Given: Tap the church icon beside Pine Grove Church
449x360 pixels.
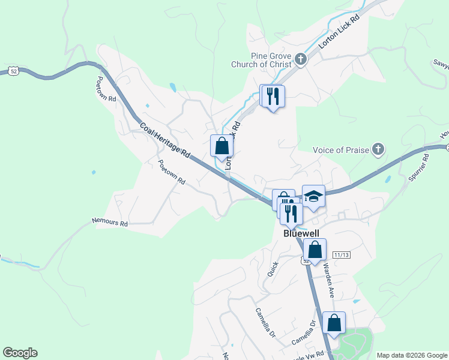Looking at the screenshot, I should [301, 59].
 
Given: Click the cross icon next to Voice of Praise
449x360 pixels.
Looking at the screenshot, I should [378, 149].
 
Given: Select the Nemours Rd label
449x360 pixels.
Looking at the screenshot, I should [110, 223].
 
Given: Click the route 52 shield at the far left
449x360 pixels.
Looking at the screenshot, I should [13, 71].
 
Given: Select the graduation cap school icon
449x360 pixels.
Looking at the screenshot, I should [313, 196].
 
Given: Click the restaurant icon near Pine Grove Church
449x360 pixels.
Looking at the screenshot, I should [274, 96].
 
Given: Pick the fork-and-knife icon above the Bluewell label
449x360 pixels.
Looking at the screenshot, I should [291, 214].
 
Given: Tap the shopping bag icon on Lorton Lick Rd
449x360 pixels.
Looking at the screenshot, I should [221, 146].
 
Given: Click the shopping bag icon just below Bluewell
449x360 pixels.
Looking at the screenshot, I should [315, 250].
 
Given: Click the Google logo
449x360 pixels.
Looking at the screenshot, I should [20, 353].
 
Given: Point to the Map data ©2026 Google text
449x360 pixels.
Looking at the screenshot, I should [411, 355].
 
